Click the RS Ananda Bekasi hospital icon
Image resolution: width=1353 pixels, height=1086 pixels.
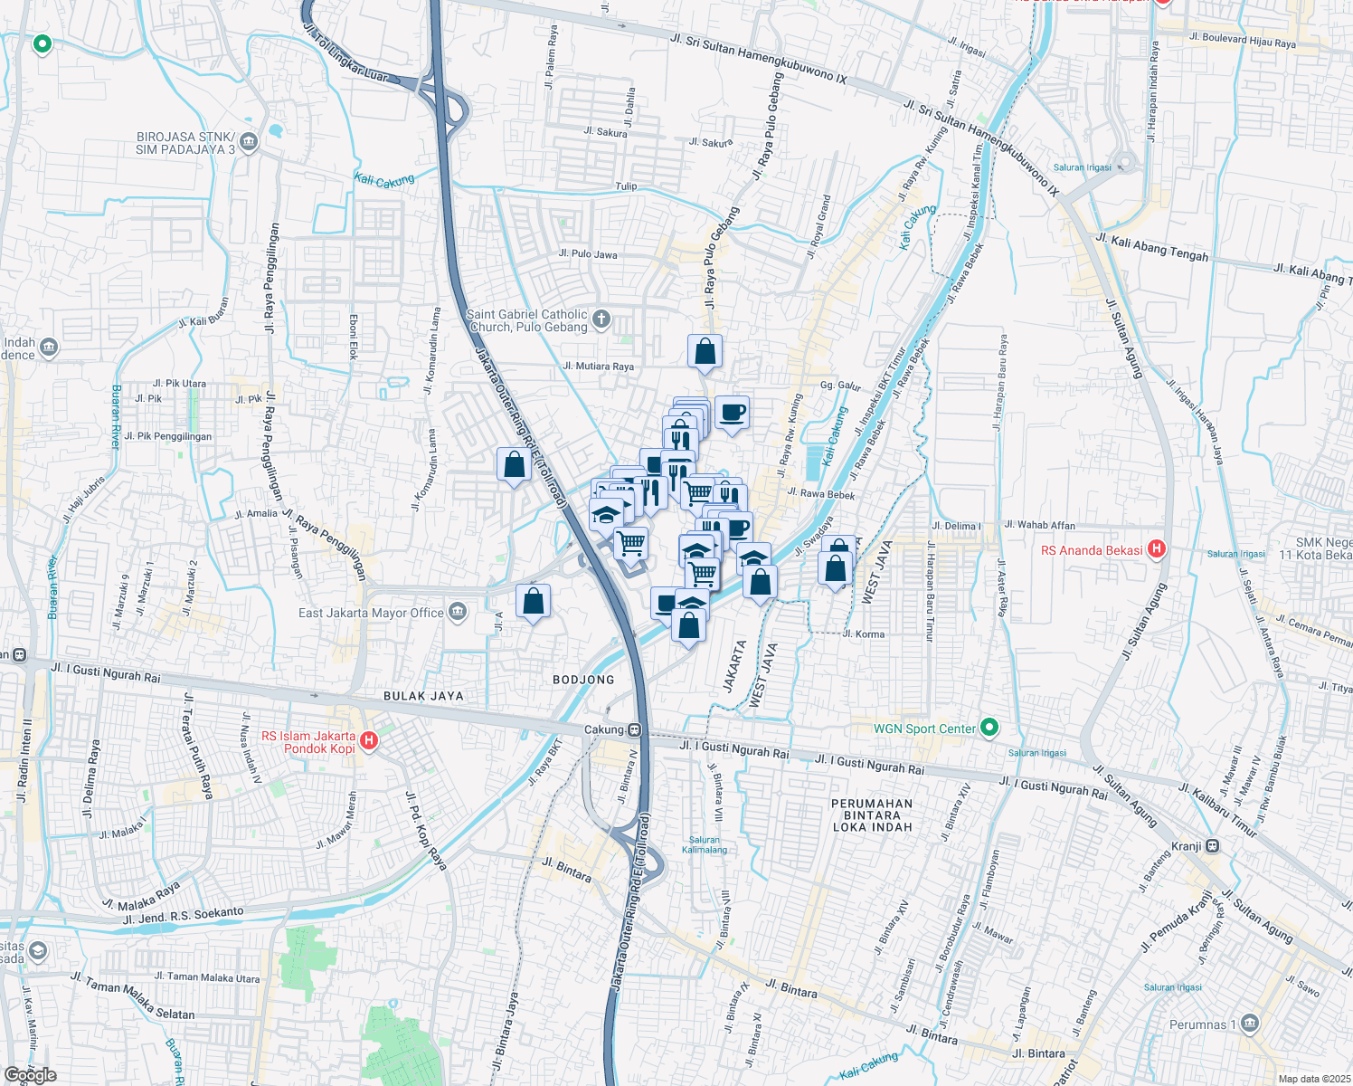1156,549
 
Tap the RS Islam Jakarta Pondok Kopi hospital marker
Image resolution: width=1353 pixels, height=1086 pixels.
368,742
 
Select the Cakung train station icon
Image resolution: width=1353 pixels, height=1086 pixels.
636,729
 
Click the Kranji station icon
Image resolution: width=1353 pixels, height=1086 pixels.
1213,846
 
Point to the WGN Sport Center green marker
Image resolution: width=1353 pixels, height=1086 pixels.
989,728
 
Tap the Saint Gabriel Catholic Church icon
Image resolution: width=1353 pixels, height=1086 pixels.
601,319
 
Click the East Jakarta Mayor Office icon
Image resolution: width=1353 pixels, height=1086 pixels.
458,613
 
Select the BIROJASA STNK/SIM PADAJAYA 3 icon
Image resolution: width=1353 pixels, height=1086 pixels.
250,142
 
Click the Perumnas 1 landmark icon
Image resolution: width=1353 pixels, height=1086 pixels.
1250,1024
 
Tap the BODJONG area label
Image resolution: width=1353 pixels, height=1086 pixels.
583,680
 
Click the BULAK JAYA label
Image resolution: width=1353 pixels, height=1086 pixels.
423,696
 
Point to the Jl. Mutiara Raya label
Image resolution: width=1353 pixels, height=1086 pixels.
598,367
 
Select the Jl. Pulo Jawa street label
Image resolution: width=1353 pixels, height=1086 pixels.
588,254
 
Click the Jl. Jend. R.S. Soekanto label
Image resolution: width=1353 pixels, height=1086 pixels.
183,916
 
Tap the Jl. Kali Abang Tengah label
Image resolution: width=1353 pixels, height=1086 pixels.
1151,248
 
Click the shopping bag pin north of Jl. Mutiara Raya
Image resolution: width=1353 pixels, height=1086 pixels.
705,352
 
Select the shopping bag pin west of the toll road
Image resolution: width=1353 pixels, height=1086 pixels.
514,465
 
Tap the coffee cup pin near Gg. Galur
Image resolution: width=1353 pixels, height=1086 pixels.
732,413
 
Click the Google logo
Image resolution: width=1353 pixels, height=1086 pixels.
31,1074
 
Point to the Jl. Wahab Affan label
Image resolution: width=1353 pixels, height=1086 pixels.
1039,525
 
